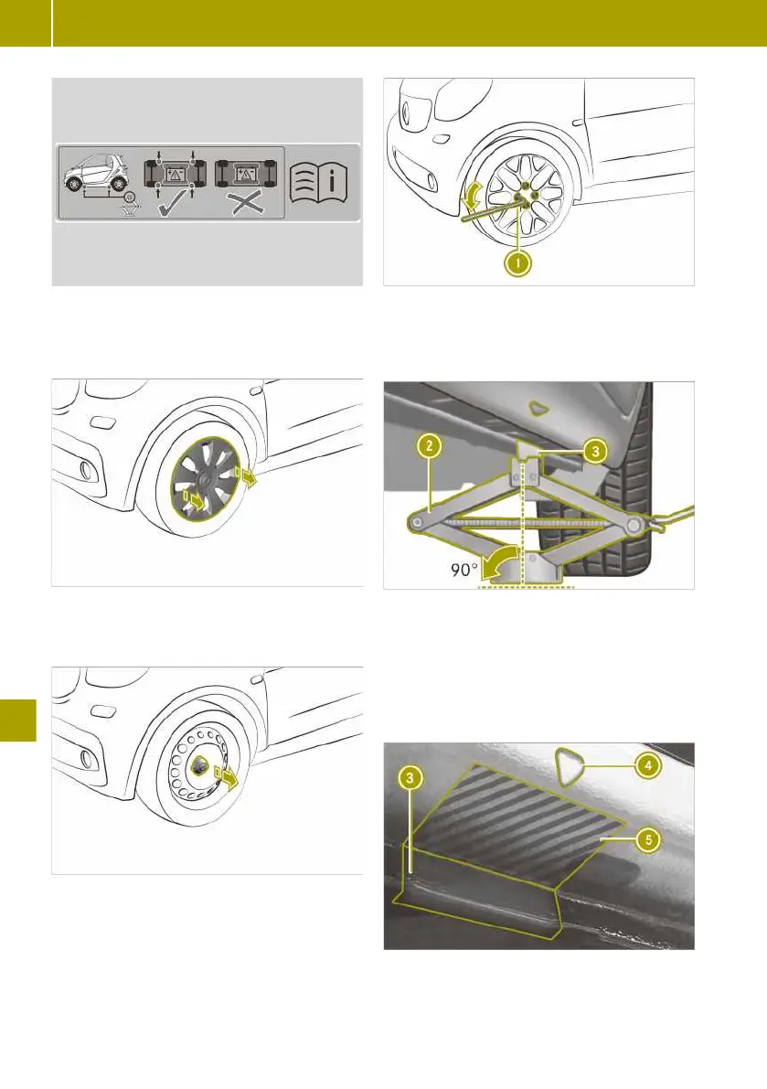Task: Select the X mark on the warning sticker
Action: pyautogui.click(x=246, y=203)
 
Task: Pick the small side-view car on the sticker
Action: pyautogui.click(x=97, y=175)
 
